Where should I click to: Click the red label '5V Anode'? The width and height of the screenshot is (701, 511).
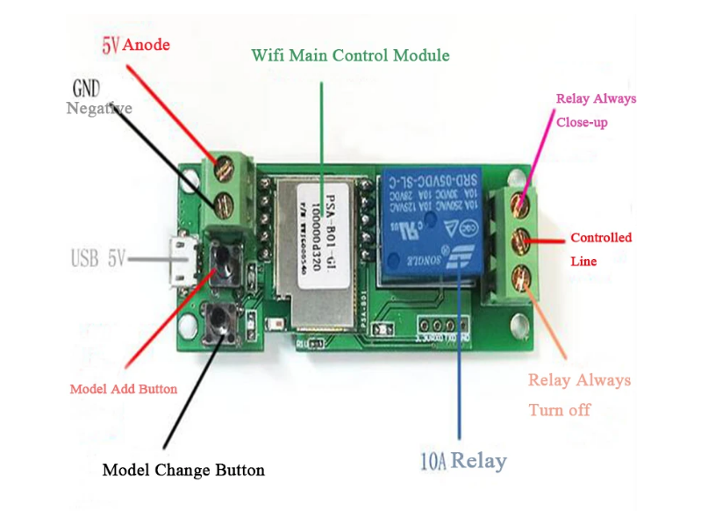tap(135, 44)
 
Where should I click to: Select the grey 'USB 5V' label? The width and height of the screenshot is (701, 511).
tap(99, 258)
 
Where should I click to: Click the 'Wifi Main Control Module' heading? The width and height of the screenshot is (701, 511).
tap(350, 55)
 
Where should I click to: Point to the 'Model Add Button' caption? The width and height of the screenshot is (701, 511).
tap(123, 389)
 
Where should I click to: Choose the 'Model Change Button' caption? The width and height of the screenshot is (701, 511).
tap(183, 470)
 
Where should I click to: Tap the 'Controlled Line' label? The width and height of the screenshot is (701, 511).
tap(600, 249)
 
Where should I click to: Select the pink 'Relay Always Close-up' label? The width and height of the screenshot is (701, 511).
tap(596, 110)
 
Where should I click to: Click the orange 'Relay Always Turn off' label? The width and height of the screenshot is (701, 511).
tap(579, 394)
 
